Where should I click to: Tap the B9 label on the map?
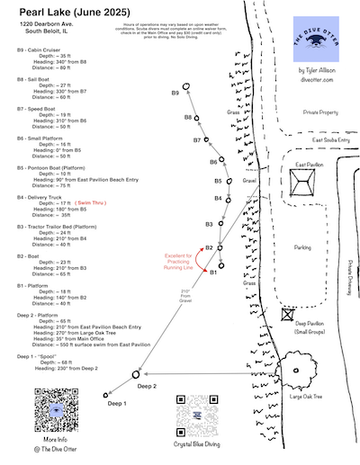coord(175,94)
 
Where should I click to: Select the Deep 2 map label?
coord(147,385)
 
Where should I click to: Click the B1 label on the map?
coord(214,273)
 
